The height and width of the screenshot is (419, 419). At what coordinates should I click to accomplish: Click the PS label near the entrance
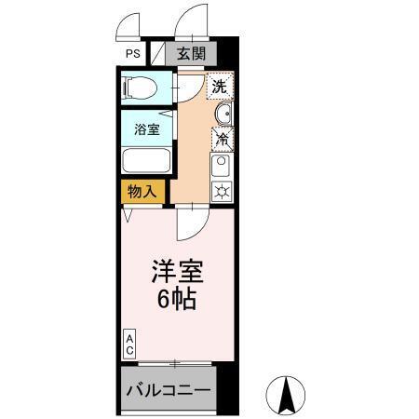(x=133, y=54)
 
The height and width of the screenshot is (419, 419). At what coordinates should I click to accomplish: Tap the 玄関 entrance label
(x=193, y=54)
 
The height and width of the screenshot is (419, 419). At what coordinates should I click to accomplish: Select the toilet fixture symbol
(x=141, y=89)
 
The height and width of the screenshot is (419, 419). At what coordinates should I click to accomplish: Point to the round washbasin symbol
(x=223, y=115)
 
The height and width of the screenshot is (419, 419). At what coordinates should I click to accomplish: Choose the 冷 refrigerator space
(x=223, y=140)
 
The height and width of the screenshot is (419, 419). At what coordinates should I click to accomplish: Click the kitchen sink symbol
(x=223, y=167)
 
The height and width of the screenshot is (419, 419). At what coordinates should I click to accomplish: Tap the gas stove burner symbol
(x=223, y=191)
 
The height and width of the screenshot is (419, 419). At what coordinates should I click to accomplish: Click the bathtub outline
(x=145, y=159)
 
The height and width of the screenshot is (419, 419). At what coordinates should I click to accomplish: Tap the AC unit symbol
(x=129, y=344)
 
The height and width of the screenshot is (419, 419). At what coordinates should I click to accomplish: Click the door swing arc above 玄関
(x=193, y=22)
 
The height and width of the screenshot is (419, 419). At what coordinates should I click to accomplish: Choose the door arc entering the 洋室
(x=191, y=223)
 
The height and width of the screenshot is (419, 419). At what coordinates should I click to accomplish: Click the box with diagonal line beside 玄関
(x=158, y=54)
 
